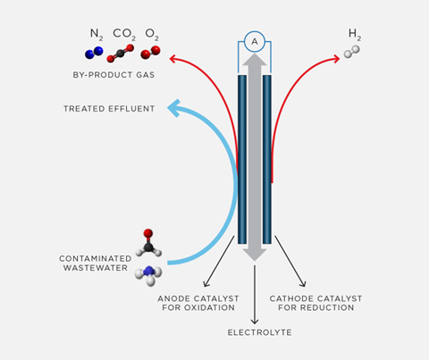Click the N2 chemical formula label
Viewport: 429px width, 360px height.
tap(97, 35)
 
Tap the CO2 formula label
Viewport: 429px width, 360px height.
tap(124, 35)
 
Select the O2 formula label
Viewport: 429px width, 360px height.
tap(152, 35)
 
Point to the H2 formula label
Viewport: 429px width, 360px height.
tap(355, 35)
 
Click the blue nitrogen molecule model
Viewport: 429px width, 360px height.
tap(94, 53)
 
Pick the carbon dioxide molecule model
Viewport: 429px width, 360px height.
tap(121, 54)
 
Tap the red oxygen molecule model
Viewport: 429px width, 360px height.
tap(150, 53)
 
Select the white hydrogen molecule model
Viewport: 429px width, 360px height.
tap(351, 52)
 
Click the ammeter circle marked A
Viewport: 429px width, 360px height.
tap(255, 42)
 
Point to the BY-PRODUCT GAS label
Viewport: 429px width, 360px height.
tap(114, 75)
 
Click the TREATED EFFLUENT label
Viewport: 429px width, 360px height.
tap(109, 109)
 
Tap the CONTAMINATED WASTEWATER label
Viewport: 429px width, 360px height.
tap(96, 264)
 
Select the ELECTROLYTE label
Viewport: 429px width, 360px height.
tap(259, 332)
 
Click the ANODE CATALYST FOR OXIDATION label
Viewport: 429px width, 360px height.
tap(198, 303)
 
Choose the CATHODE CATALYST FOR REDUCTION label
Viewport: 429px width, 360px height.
tap(315, 303)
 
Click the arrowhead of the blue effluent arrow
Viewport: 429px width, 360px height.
tap(174, 108)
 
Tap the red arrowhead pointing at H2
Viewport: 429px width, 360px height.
tap(337, 59)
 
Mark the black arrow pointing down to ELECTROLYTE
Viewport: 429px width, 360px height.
tap(255, 295)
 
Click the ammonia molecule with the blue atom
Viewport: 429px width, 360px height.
tap(148, 275)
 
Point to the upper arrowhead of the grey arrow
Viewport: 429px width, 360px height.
tap(255, 59)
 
